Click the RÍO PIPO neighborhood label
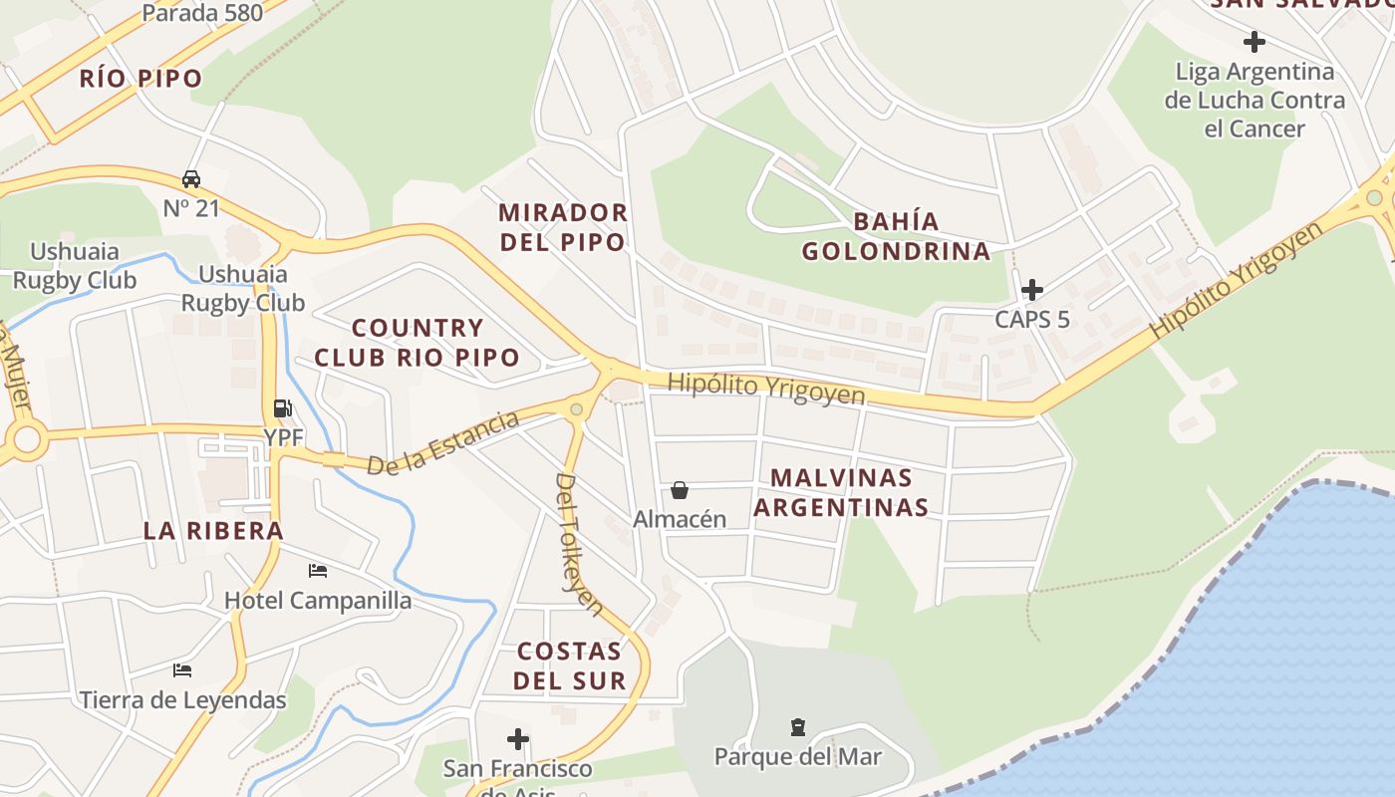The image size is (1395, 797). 140,79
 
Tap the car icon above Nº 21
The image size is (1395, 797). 191,179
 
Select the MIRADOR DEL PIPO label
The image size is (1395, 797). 563,227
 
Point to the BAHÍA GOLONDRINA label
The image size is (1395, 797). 896,236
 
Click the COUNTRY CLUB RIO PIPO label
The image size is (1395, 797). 418,342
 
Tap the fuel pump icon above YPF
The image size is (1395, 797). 283,407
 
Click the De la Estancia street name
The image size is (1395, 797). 443,443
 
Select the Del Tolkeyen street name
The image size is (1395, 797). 579,543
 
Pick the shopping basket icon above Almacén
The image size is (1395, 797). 680,490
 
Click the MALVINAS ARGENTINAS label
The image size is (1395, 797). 841,493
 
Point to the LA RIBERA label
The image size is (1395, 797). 213,530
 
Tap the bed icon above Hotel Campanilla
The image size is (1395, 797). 318,571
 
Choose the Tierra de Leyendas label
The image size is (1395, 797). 183,700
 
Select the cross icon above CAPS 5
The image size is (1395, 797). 1032,290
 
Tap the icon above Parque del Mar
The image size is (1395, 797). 797,727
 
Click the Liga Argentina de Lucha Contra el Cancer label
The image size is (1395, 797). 1255,101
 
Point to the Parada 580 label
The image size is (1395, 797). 202,13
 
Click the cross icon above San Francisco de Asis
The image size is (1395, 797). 518,739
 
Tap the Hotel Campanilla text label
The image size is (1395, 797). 318,601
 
